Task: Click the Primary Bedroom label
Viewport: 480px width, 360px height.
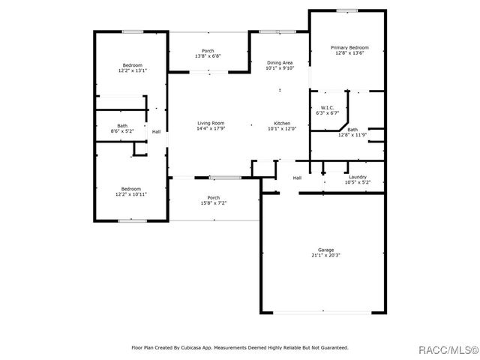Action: (350, 47)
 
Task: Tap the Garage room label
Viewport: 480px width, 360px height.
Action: (325, 250)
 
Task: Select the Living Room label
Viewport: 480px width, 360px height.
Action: (211, 123)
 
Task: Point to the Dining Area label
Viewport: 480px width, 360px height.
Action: (280, 62)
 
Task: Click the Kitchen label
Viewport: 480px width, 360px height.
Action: (282, 123)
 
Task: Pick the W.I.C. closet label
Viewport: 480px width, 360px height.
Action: (327, 107)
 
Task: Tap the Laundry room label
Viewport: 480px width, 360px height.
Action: (357, 177)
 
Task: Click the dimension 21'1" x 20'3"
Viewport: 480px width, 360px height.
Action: (325, 255)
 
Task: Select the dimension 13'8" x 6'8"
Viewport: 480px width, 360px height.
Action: (208, 56)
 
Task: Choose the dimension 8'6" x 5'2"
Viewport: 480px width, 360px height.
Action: (122, 131)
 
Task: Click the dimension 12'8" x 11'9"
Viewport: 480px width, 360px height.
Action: (352, 135)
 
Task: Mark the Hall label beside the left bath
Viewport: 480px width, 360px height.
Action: (156, 132)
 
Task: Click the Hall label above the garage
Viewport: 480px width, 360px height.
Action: (297, 178)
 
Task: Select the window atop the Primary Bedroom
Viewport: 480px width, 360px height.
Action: (346, 10)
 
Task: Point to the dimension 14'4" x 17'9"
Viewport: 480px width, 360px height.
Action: (211, 128)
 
